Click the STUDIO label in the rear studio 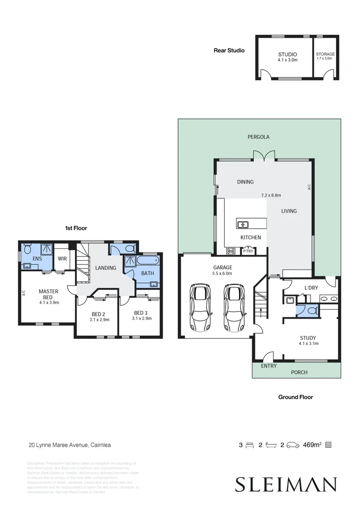pos(287,55)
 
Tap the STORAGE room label pos(325,54)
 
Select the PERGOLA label pos(258,137)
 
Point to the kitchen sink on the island pos(244,224)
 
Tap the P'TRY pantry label pos(248,251)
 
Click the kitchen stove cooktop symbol pos(231,251)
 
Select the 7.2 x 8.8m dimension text pos(271,195)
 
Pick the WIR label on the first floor pos(62,259)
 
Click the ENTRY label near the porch pos(269,366)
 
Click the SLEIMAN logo pos(286,484)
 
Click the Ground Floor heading pos(295,397)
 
